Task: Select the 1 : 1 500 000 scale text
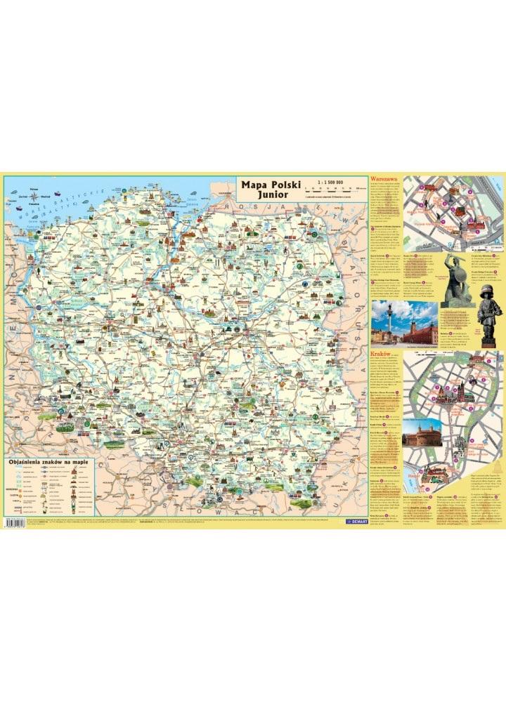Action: coord(330,182)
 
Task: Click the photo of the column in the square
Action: coord(403,324)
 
